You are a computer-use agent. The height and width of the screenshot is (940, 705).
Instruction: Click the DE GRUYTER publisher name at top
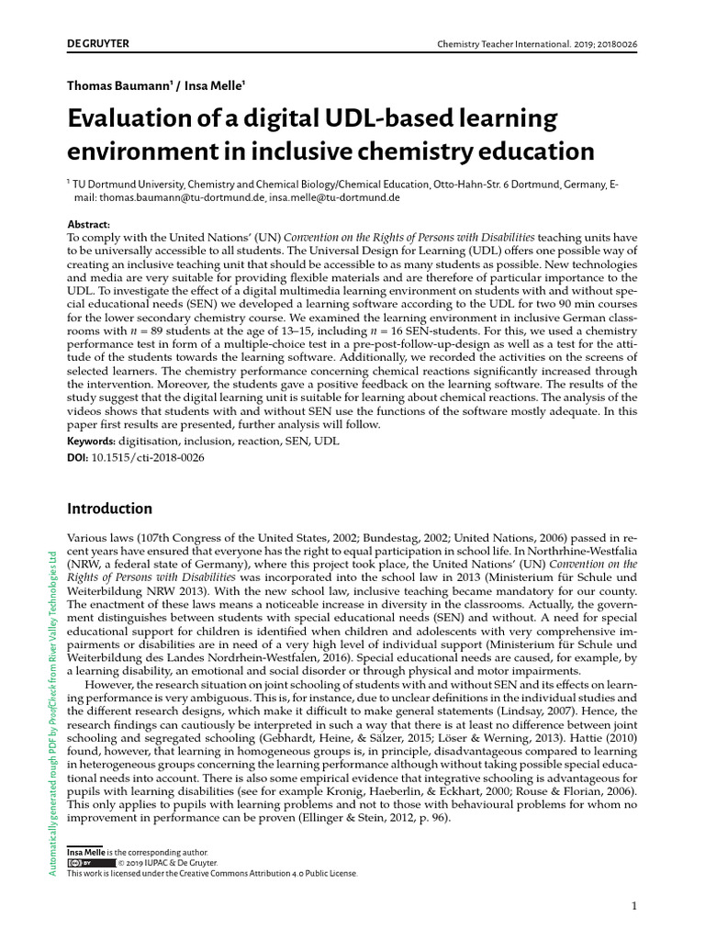tap(97, 43)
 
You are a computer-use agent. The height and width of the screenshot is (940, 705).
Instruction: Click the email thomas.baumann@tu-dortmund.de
tap(183, 196)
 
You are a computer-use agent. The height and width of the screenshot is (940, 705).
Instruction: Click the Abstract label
tap(89, 224)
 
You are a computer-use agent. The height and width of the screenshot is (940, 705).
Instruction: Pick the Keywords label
tap(96, 442)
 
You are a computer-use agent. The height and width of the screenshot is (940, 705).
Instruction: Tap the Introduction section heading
tap(109, 509)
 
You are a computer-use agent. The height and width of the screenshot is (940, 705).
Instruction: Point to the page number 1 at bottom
tap(634, 907)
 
